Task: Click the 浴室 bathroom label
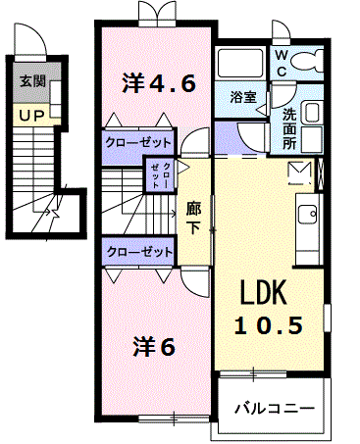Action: [x=242, y=97]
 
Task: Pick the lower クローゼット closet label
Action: [x=136, y=251]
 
